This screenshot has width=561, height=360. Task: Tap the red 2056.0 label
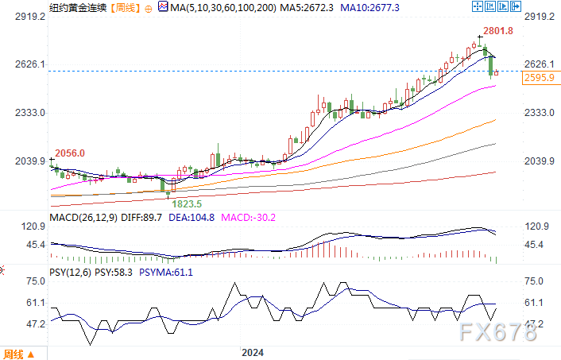click(x=68, y=153)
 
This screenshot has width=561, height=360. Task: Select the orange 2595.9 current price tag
click(x=538, y=77)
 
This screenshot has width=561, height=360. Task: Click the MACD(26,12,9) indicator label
click(x=83, y=217)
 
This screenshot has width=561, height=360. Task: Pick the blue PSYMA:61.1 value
click(x=166, y=272)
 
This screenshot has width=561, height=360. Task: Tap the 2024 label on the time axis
click(x=253, y=352)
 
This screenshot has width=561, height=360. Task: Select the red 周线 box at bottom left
click(x=14, y=354)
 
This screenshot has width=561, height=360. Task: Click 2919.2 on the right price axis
click(x=539, y=16)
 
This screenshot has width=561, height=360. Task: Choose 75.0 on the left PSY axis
click(x=33, y=281)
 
